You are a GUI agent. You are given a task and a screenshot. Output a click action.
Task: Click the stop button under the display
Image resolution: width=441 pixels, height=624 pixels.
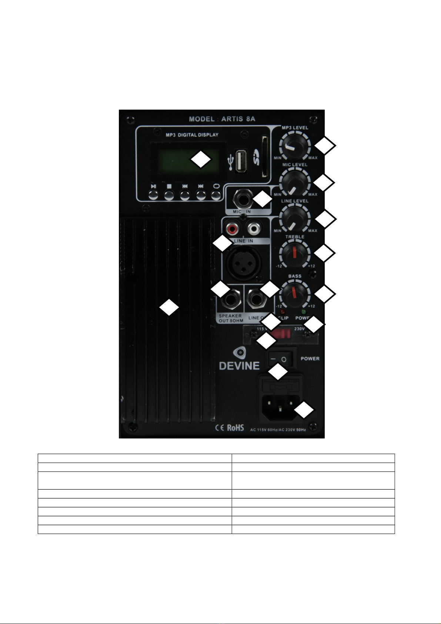point(169,194)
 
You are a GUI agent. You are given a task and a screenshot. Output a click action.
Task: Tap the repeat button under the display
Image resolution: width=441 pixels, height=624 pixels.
point(216,194)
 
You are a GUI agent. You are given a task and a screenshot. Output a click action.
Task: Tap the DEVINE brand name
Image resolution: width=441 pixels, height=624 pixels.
point(239,366)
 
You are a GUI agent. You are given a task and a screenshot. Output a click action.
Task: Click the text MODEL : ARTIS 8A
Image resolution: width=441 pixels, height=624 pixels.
point(222,119)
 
